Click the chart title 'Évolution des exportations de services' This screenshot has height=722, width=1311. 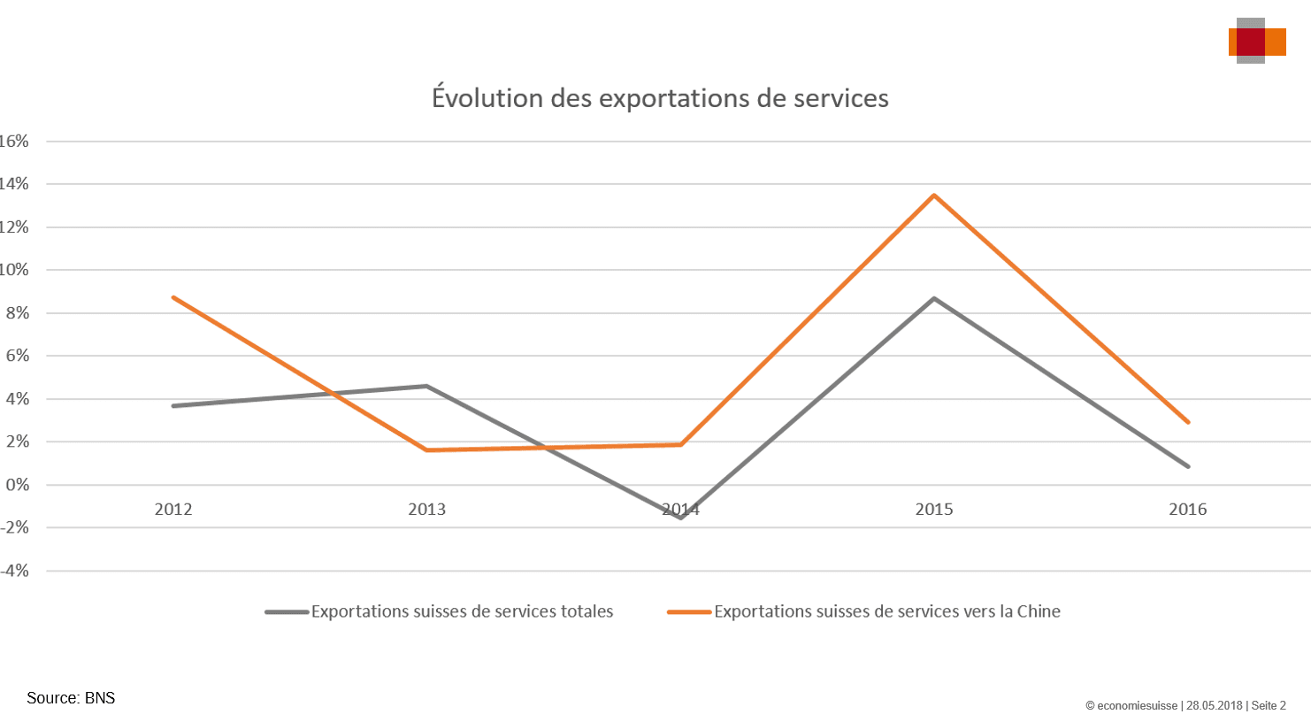660,97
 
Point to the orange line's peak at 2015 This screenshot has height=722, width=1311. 934,196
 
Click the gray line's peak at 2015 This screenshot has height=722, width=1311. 934,299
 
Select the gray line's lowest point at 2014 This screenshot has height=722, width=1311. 680,518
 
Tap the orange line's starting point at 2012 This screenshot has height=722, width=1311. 173,297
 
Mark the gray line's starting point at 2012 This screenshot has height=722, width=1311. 173,406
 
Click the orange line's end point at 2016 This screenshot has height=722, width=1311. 1188,422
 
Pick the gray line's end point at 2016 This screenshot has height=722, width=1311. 1188,466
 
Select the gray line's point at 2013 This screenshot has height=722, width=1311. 426,386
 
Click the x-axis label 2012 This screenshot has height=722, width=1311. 173,509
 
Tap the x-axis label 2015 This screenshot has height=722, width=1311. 934,509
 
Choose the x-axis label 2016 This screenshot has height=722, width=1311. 1187,509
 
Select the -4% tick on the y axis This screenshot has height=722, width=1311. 15,571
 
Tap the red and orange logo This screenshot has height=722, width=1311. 1255,41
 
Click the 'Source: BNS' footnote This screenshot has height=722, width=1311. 71,698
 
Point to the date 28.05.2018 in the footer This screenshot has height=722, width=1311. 1215,706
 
